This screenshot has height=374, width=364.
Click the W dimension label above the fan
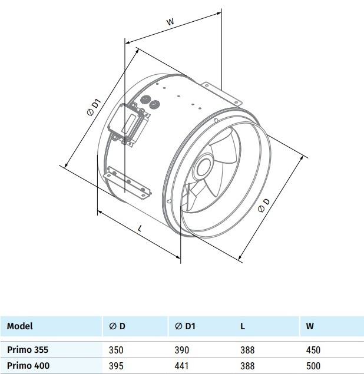coord(170,22)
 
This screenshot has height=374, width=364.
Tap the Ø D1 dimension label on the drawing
coord(94,108)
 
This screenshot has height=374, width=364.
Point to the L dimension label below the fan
coord(140,229)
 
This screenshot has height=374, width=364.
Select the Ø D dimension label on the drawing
coord(264,205)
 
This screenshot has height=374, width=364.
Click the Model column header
coord(19,326)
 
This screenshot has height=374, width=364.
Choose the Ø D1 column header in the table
coord(185,326)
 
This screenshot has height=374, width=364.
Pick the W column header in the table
coord(310,326)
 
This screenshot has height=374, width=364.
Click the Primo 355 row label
coord(28,350)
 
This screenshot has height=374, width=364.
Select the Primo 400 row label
coord(28,365)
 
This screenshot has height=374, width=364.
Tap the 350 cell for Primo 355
coord(116,350)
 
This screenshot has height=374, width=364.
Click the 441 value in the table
coord(181,366)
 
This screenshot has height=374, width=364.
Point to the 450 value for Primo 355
coord(313,350)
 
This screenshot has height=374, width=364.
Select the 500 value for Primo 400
coord(313,366)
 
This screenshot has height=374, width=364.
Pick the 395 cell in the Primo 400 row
coord(116,366)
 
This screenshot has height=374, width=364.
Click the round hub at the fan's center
coord(202,167)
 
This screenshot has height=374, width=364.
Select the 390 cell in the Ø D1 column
coord(182,350)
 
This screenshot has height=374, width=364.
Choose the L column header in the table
coord(242,326)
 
